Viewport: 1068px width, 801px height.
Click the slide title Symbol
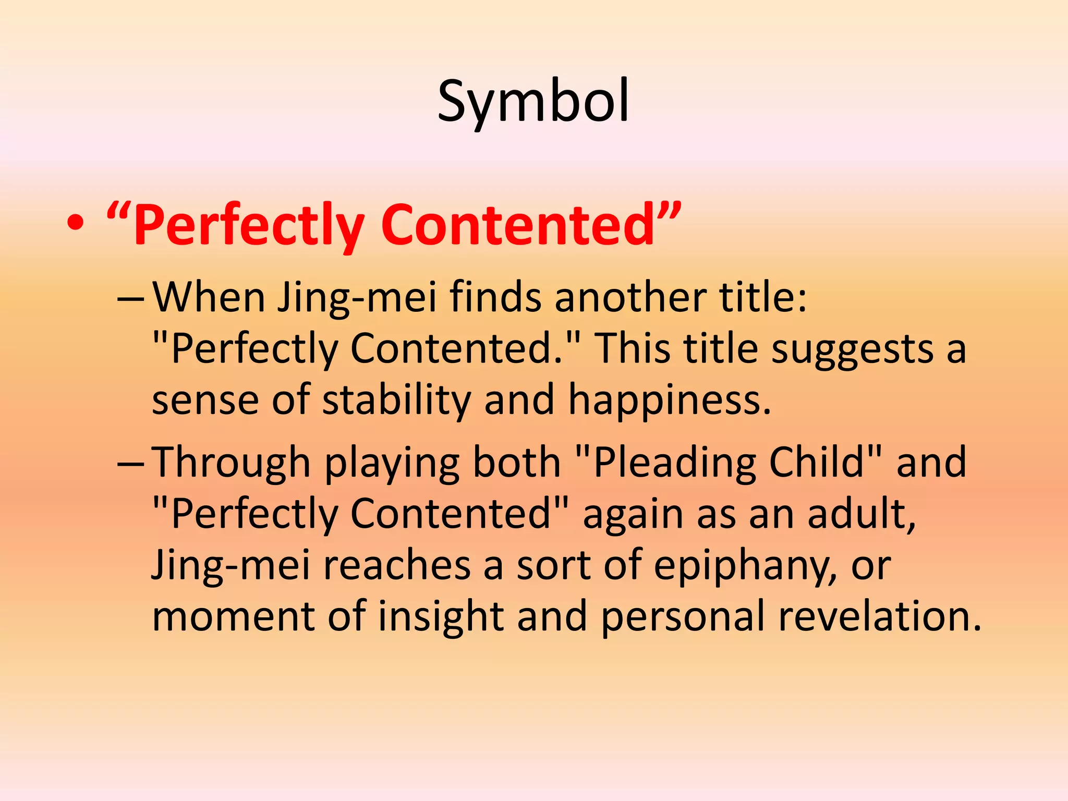[533, 101]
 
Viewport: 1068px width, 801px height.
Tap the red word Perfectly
[248, 225]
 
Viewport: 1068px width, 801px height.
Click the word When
[208, 297]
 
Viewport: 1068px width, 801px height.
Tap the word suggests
[852, 349]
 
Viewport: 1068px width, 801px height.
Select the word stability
[396, 400]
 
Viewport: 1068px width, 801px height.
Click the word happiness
[669, 400]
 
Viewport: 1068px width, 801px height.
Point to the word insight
[441, 616]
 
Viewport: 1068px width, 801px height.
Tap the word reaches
[396, 565]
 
